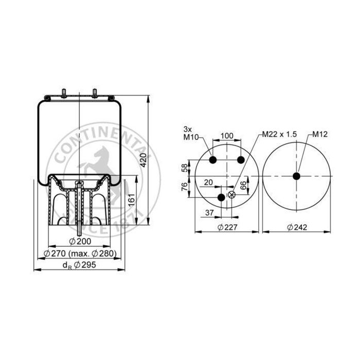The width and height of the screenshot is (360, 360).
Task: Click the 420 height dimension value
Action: point(143,160)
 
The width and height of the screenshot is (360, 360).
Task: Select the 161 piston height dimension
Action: point(131,200)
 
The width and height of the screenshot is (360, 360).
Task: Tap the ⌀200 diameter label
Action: point(80,241)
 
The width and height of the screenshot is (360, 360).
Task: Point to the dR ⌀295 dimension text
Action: point(79,265)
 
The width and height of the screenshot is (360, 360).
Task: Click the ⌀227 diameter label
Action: point(227,227)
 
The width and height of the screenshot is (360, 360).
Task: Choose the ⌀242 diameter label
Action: point(297,227)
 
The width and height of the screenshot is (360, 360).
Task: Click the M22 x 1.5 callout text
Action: point(279,134)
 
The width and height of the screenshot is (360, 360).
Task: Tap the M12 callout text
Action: point(320,134)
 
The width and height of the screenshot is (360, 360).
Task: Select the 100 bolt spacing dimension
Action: point(227,136)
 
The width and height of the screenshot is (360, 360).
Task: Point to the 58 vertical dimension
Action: point(184,168)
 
